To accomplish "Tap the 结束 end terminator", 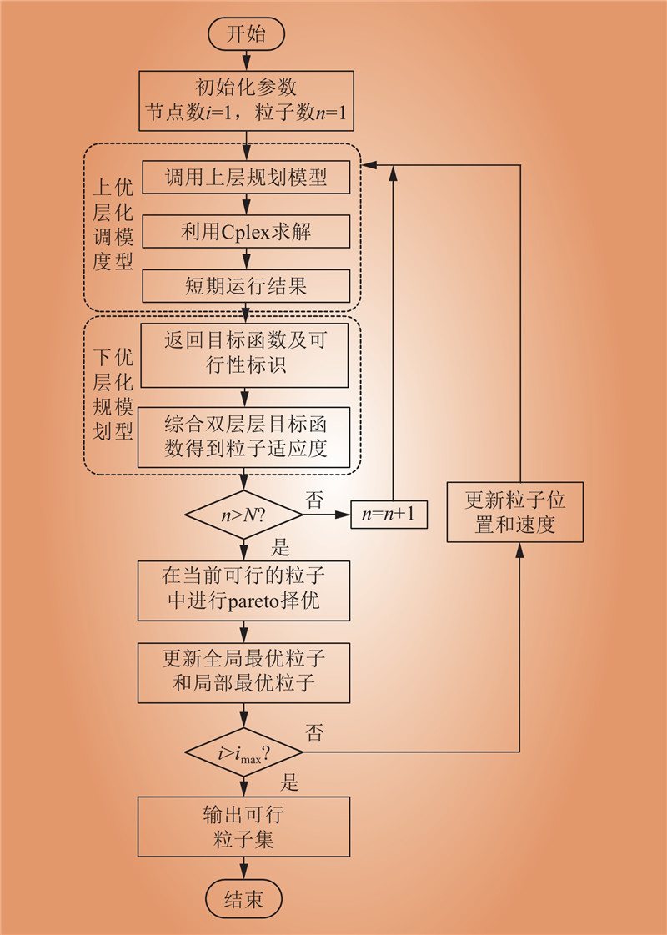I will (244, 900).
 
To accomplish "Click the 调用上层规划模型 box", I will (245, 177).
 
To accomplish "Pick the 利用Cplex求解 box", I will (245, 232).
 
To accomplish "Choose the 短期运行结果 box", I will (245, 286).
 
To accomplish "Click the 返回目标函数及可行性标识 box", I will (245, 354).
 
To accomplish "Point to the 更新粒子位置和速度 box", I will (514, 512).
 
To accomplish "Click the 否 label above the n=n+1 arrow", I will (315, 500).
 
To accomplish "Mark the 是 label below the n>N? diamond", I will (281, 547).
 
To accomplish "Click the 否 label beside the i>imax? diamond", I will (315, 733).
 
